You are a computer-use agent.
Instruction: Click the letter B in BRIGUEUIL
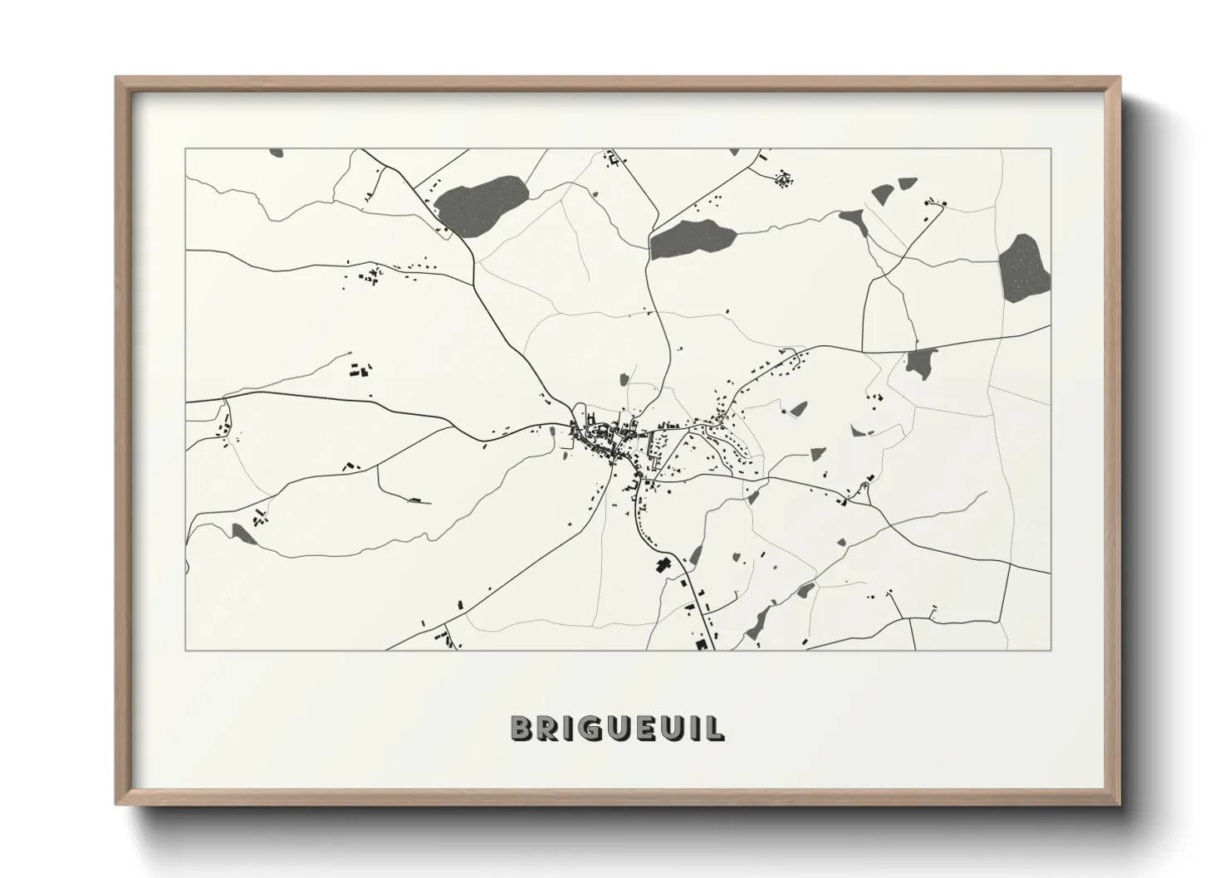click(521, 728)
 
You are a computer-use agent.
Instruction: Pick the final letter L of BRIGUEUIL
click(716, 728)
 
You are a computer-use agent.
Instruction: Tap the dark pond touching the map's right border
click(1023, 268)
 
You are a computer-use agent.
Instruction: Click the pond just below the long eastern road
click(920, 363)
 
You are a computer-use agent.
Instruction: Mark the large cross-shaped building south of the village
click(662, 566)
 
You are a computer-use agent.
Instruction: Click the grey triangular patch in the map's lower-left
click(245, 534)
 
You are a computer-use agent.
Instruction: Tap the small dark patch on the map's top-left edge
click(277, 153)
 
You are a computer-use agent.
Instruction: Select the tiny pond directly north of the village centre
click(624, 380)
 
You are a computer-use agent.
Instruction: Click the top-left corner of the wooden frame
click(116, 77)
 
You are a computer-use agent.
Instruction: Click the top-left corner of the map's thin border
click(185, 149)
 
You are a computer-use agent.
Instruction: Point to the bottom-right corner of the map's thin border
click(1051, 650)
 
